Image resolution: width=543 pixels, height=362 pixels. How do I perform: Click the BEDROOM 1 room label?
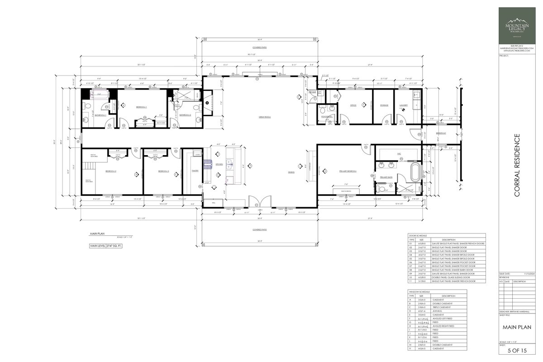[142, 107]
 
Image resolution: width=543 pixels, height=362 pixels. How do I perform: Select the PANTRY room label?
[195, 171]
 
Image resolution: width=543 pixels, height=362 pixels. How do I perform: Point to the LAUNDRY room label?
[404, 105]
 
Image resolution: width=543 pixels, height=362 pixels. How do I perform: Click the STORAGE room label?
[384, 105]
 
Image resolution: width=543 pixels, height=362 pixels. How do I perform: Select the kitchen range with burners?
[208, 164]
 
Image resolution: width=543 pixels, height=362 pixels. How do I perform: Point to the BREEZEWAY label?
[441, 133]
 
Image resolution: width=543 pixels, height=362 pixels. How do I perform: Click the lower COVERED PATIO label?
[260, 229]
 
